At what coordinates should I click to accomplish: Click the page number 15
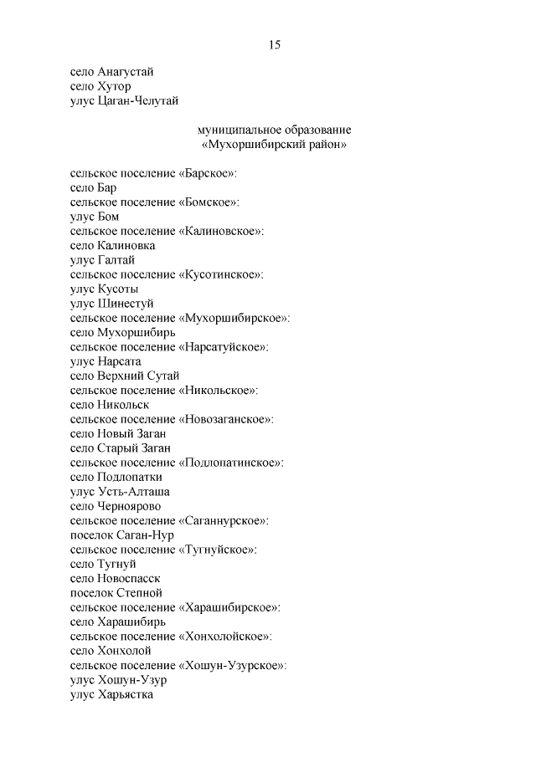click(274, 45)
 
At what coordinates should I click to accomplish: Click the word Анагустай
click(126, 72)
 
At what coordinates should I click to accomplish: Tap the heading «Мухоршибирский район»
click(275, 145)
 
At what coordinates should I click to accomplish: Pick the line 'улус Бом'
click(95, 217)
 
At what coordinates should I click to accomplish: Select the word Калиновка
click(126, 246)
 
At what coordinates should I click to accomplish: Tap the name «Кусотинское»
click(221, 274)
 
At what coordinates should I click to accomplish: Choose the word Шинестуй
click(126, 304)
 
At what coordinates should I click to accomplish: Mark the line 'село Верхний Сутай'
click(125, 376)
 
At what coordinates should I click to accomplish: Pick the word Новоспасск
click(129, 578)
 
